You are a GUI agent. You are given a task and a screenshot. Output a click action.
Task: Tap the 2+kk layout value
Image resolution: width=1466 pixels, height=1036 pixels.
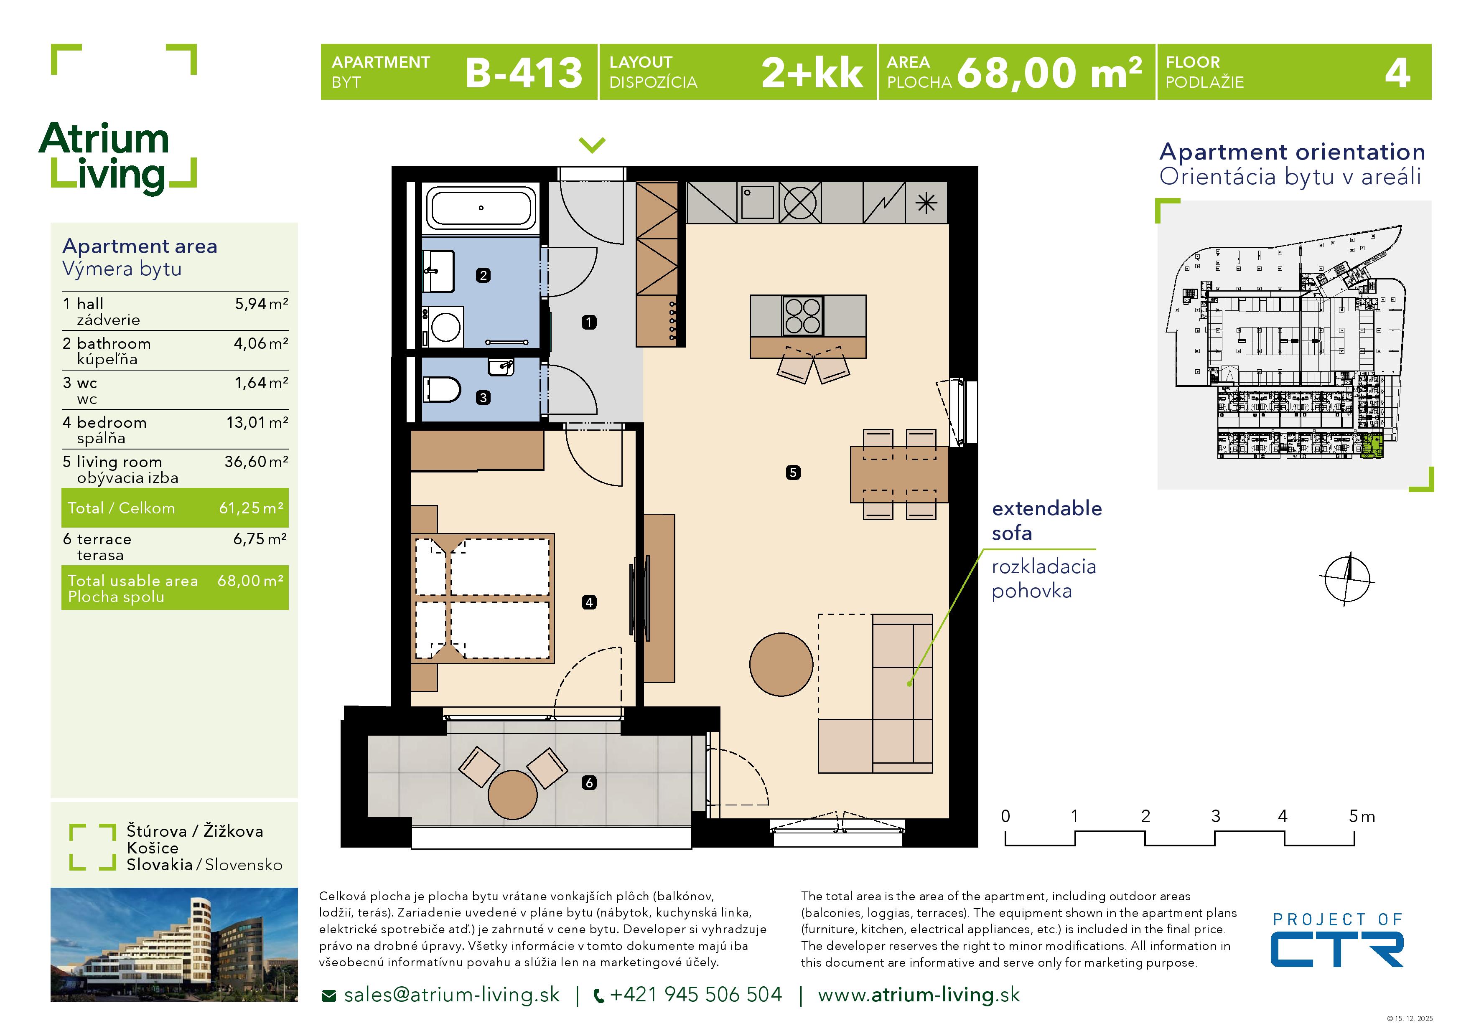tap(812, 73)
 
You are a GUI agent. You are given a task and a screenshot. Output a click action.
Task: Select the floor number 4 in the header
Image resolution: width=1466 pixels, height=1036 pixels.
tap(1397, 73)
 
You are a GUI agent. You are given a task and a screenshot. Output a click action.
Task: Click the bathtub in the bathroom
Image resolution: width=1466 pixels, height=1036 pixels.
tap(481, 208)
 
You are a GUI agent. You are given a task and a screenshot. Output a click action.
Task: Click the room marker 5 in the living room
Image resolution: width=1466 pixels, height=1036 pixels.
tap(793, 472)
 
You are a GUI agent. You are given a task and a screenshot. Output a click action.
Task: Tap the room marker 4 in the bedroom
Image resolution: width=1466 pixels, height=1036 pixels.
tap(589, 602)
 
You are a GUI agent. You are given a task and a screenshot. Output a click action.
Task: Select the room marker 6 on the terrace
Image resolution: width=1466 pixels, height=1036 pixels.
tap(589, 782)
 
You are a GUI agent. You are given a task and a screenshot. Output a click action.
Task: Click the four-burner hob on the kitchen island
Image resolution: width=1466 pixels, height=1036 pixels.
tap(803, 316)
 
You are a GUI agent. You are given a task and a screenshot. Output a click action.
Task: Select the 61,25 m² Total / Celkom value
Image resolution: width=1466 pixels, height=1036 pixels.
tap(251, 508)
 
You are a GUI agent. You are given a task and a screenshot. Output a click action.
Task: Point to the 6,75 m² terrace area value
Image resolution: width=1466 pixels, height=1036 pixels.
tap(259, 539)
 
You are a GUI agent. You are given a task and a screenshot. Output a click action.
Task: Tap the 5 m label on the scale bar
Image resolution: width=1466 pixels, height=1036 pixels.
tap(1361, 816)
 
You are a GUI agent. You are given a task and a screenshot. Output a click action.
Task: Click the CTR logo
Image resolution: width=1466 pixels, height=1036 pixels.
tap(1336, 949)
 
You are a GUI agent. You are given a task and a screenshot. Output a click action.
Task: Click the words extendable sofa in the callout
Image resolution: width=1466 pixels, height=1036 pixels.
tap(1046, 520)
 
